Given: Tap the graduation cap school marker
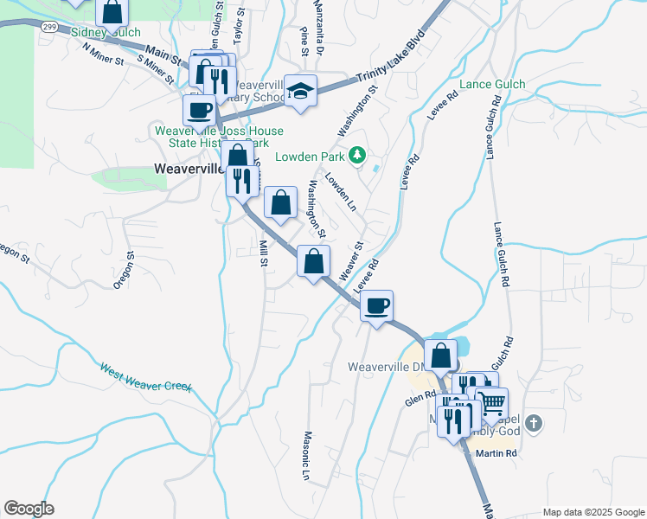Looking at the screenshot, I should point(300,91).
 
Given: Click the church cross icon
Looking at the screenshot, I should point(535,424).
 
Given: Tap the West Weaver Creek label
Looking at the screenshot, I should point(145,376).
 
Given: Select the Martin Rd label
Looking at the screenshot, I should point(500,453).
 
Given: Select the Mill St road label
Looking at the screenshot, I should point(262,253).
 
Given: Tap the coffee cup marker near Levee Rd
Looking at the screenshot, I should point(376,306).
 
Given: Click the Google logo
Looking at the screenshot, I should point(29,509).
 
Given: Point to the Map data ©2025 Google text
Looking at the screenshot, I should point(593,512).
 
